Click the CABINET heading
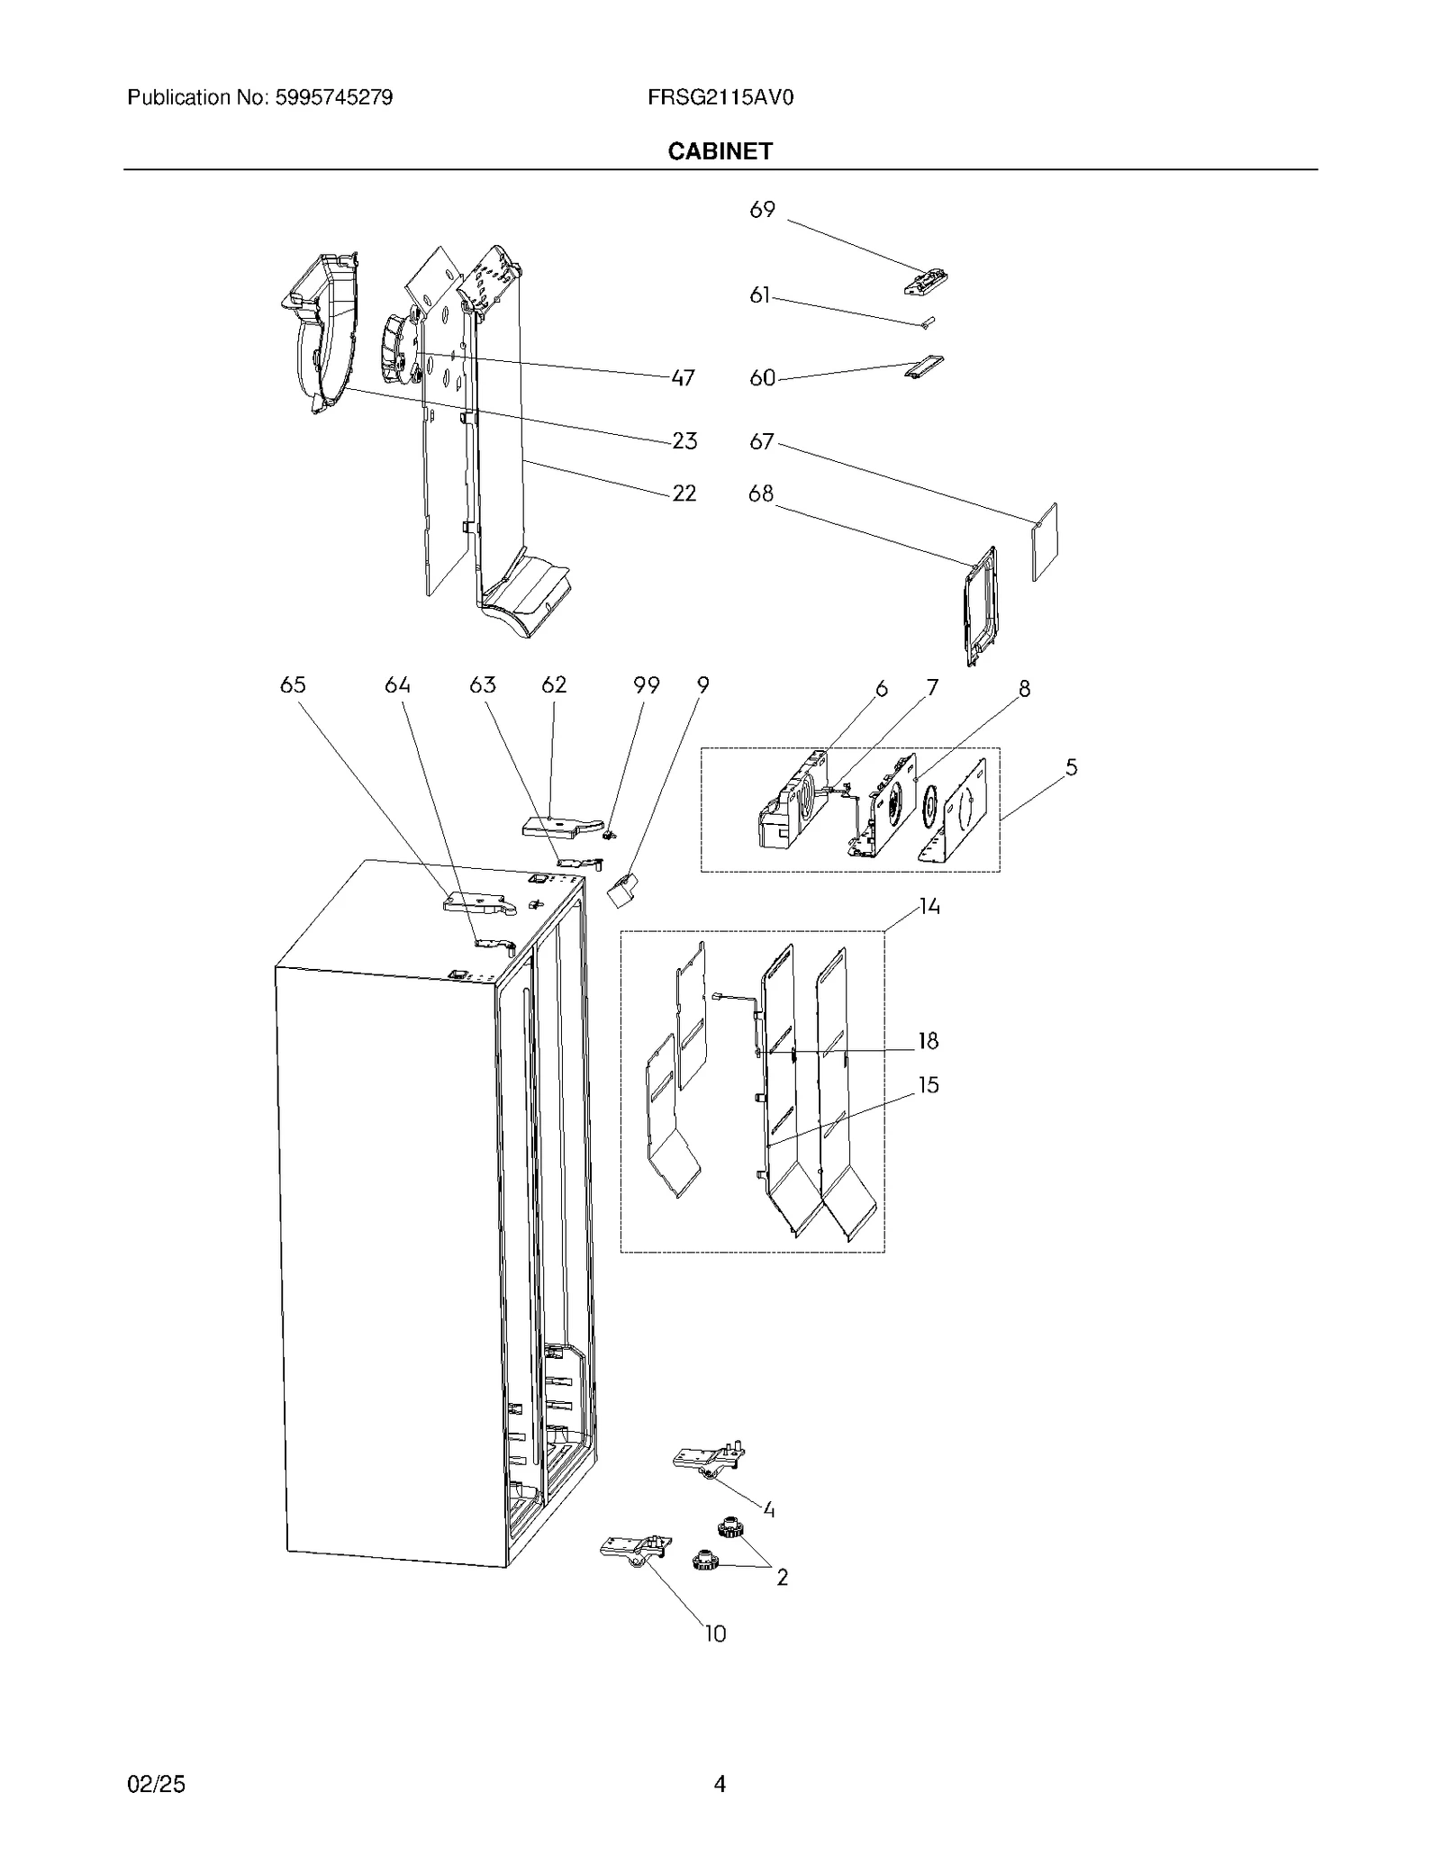tap(720, 151)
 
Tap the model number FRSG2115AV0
tap(720, 97)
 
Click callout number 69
tap(762, 210)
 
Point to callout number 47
tap(683, 378)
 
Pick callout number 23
tap(684, 441)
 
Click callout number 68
tap(761, 493)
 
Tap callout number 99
tap(646, 685)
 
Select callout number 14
tap(929, 907)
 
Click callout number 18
tap(928, 1042)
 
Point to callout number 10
tap(714, 1634)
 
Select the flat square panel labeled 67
tap(1044, 541)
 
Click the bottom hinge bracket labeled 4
tap(710, 1458)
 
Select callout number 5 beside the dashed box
tap(1071, 767)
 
